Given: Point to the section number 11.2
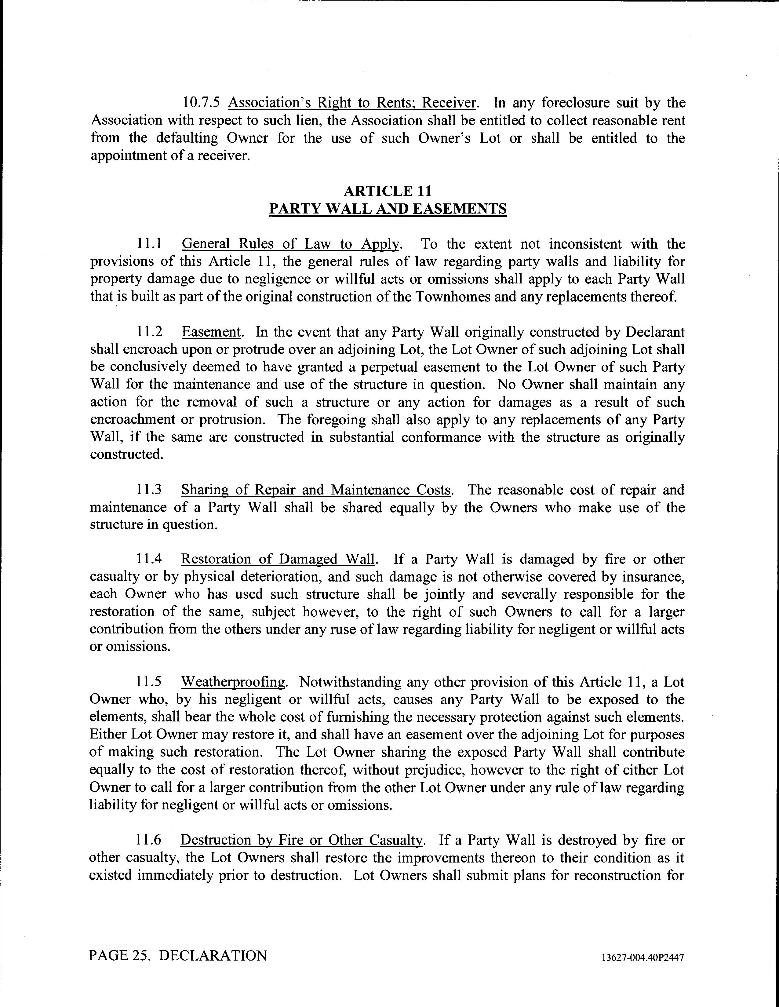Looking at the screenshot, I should pyautogui.click(x=149, y=332).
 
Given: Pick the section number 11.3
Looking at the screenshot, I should pyautogui.click(x=149, y=490).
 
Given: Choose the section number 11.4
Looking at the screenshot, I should pyautogui.click(x=149, y=559).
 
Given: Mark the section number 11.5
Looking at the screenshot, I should pyautogui.click(x=149, y=682).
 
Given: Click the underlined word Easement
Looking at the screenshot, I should pyautogui.click(x=212, y=332).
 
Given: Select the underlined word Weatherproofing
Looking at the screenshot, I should pyautogui.click(x=233, y=682).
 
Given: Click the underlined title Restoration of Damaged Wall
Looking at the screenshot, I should pyautogui.click(x=278, y=559).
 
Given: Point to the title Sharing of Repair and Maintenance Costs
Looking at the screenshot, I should pyautogui.click(x=316, y=490).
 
